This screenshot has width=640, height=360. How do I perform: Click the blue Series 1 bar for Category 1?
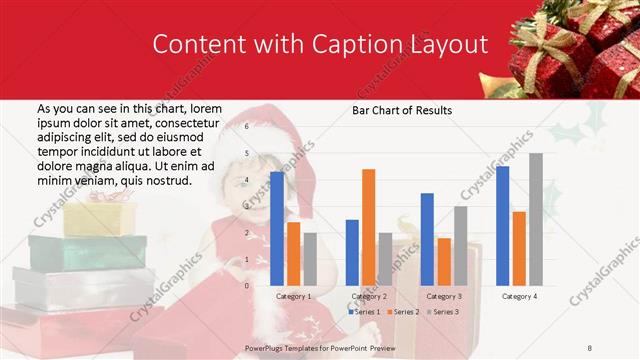[277, 228]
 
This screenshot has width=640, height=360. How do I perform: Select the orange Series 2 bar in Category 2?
[369, 227]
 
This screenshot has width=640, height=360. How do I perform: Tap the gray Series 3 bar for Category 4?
[536, 219]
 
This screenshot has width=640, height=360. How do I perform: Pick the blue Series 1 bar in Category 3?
[427, 239]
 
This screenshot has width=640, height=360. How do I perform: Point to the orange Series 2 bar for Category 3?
[444, 261]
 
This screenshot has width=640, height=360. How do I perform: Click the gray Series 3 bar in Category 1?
[310, 259]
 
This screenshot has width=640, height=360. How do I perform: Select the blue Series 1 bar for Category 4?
[502, 225]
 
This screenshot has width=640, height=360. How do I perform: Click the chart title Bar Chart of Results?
[402, 110]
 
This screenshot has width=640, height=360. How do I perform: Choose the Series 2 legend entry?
[402, 312]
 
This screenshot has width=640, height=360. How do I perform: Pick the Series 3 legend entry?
[441, 312]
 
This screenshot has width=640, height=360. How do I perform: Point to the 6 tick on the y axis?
[246, 127]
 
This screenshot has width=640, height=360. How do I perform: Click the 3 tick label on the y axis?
[246, 206]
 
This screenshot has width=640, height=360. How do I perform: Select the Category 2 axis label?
[368, 296]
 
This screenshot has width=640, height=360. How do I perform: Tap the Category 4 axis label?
[519, 296]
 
